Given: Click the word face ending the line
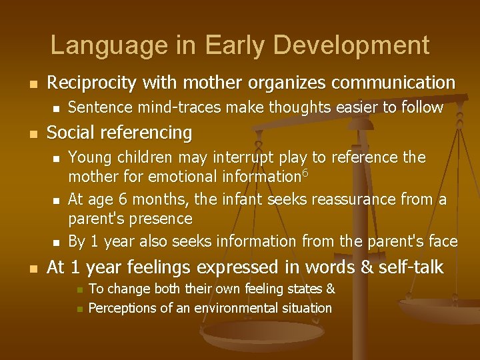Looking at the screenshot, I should point(444,241).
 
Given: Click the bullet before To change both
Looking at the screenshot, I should point(79,290).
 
